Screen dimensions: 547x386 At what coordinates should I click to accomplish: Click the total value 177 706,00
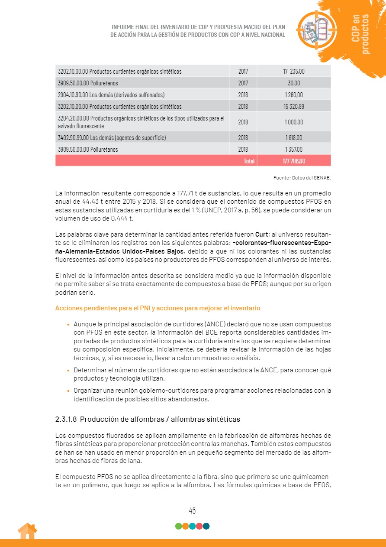tap(294, 161)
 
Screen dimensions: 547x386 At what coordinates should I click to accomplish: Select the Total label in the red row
tap(249, 161)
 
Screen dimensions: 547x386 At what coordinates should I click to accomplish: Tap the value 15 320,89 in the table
tap(294, 106)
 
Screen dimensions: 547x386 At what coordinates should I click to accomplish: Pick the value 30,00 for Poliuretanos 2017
tap(294, 83)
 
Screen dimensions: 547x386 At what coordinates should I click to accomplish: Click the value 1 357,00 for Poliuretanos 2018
tap(294, 150)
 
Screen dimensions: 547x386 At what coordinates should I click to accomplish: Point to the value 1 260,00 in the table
tap(294, 94)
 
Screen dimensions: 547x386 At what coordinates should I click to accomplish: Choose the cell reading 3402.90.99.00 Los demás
tap(112, 138)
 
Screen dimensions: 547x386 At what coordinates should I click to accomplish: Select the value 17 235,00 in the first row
tap(294, 71)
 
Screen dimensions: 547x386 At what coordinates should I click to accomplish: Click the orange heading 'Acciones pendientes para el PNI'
tap(158, 308)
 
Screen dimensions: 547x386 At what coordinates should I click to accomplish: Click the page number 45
tap(193, 511)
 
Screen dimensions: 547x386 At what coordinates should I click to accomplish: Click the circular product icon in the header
tap(316, 29)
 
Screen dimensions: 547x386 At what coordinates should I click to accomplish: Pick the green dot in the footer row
tap(178, 526)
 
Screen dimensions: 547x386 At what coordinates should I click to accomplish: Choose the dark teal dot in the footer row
tap(206, 526)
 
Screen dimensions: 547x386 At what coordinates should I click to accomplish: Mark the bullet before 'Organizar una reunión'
tap(68, 391)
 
